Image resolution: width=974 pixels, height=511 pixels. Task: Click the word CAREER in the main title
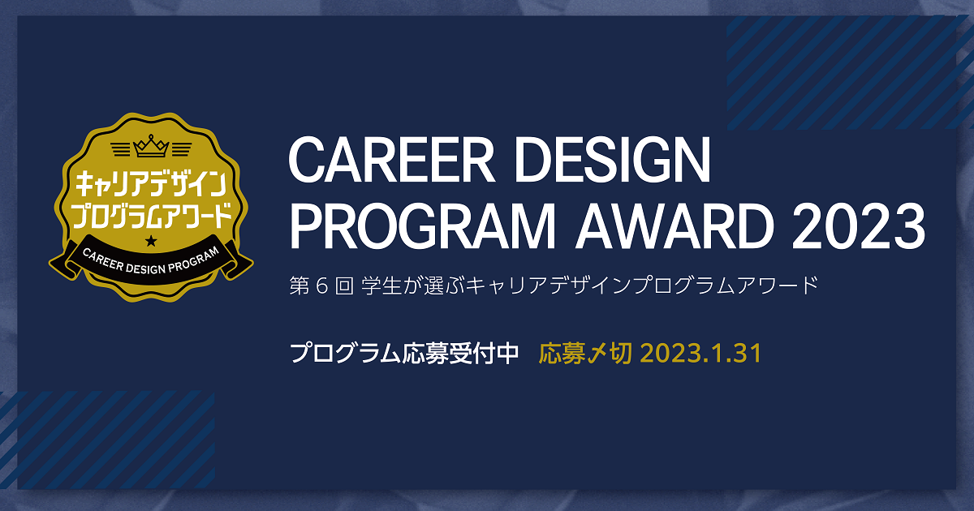392,160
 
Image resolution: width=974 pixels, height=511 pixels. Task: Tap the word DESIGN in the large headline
613,160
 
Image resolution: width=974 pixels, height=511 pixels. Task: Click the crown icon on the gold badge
151,146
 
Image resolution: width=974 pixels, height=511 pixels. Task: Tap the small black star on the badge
151,241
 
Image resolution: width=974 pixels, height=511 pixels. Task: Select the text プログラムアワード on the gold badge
151,215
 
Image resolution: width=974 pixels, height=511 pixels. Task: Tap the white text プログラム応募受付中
404,354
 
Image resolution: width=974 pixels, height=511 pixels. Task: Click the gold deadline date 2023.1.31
701,354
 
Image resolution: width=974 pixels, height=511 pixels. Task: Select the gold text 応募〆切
585,354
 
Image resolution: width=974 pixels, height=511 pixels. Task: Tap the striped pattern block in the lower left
108,440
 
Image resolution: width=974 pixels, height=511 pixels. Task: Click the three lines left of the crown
122,149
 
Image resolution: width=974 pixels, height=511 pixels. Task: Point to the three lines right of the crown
181,149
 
